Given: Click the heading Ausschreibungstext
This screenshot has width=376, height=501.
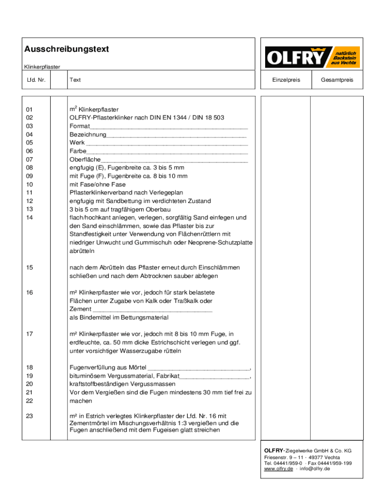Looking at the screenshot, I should click(x=66, y=49).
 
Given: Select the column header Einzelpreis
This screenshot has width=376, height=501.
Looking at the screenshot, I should click(x=286, y=80).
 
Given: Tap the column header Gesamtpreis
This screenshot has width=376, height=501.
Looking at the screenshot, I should click(x=336, y=80).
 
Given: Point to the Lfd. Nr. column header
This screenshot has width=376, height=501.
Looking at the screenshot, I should click(x=37, y=80).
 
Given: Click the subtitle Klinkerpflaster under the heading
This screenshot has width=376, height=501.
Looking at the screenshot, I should click(x=42, y=67).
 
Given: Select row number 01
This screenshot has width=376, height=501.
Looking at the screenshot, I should click(x=30, y=110).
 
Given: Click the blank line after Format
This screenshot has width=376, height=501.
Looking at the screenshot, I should click(x=169, y=126).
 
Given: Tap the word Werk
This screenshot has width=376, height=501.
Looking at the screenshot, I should click(x=77, y=143).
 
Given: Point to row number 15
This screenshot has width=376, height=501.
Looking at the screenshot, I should click(x=30, y=268).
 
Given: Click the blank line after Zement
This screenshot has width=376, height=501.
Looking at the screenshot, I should click(x=152, y=309).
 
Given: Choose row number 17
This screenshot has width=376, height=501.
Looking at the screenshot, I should click(x=30, y=334).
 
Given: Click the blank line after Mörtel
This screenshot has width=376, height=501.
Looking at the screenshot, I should click(x=198, y=367).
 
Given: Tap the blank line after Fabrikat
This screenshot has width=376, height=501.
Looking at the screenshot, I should click(x=214, y=376).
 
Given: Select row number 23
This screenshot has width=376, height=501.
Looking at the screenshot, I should click(x=30, y=415).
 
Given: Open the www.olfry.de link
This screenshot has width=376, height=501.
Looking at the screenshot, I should click(x=278, y=469).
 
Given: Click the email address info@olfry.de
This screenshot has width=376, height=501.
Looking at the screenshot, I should click(x=315, y=469).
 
